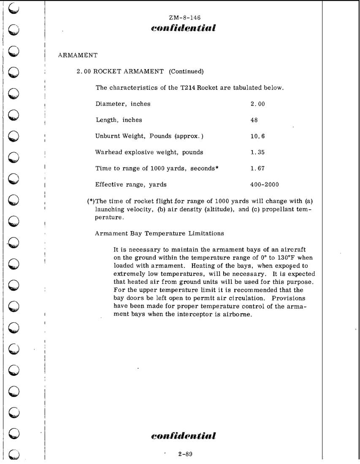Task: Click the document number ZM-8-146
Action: click(x=184, y=17)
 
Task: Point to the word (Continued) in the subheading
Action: click(x=186, y=72)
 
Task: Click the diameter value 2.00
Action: click(x=257, y=104)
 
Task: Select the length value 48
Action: click(x=254, y=120)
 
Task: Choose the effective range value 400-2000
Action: click(x=265, y=184)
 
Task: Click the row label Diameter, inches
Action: click(x=123, y=104)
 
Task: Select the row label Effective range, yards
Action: click(x=131, y=184)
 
